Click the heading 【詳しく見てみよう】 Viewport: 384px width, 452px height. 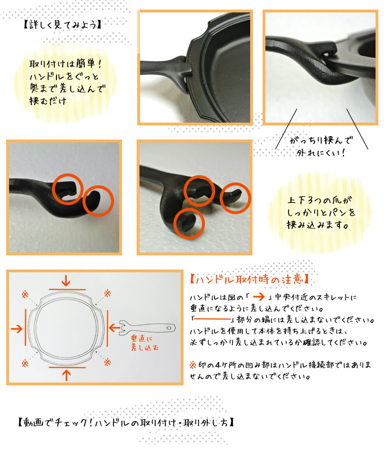point(62,24)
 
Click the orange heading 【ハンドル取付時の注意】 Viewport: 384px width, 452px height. point(249,279)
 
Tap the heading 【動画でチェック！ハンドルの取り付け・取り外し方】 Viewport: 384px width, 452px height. point(125,422)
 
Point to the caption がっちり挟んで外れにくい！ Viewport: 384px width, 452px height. point(321,146)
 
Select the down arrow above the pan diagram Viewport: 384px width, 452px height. point(66,280)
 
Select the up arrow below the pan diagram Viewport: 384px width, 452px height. point(67,375)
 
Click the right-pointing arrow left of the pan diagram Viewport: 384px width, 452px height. point(17,329)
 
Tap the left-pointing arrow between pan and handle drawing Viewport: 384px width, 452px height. point(115,328)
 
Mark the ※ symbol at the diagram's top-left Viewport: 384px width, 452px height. point(25,294)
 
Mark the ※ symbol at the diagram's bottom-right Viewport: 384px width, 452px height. point(107,362)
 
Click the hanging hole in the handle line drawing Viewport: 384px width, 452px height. point(169,328)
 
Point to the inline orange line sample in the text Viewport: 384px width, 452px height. point(212,319)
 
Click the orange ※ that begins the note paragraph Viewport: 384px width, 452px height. point(193,365)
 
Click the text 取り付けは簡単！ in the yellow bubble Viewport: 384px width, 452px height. point(66,64)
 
